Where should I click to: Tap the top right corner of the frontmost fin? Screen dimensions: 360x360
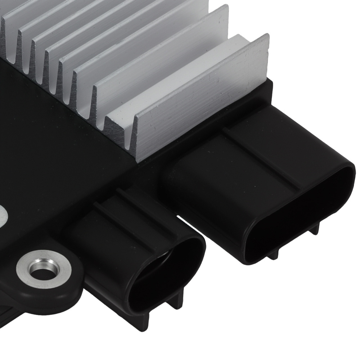pos(267,36)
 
